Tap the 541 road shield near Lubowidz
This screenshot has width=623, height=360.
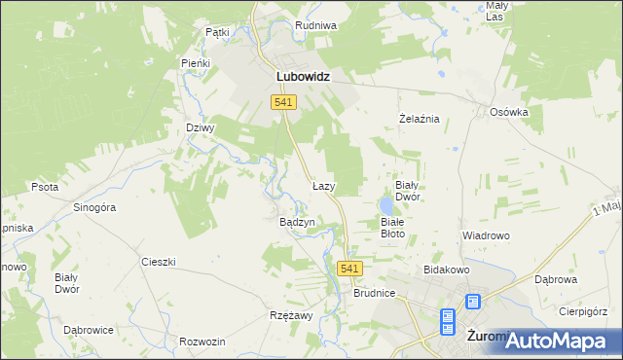283,102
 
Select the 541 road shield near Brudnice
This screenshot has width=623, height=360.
351,268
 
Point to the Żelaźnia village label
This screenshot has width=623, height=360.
421,119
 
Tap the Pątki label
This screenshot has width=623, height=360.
217,32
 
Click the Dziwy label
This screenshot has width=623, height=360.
200,126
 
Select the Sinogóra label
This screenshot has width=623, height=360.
95,207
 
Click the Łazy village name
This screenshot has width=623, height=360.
324,185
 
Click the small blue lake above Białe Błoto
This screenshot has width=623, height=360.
387,205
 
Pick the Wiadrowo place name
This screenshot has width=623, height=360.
486,235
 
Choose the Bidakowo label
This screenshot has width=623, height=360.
447,269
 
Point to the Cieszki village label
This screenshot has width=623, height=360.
158,262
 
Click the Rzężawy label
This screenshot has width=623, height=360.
290,315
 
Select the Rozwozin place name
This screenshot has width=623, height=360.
202,342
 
